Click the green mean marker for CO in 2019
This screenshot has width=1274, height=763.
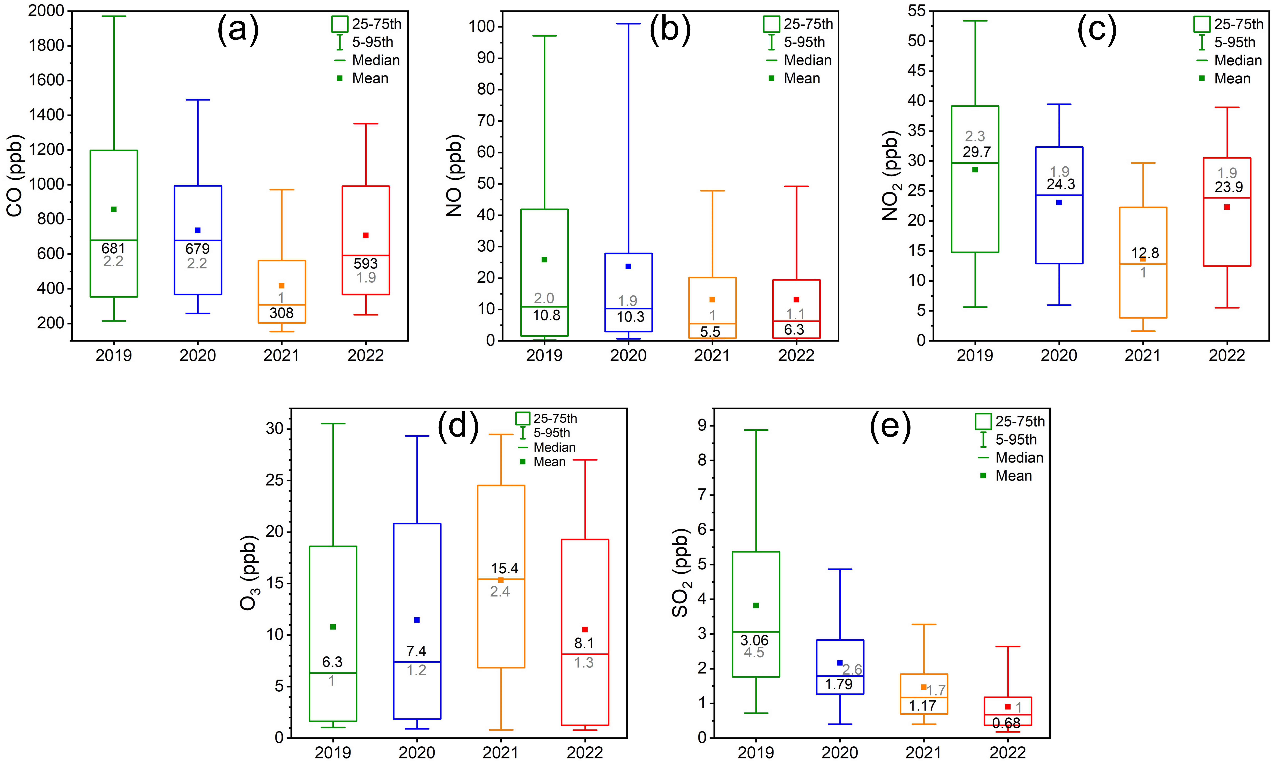tap(114, 209)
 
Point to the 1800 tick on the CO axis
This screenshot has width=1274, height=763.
tap(46, 45)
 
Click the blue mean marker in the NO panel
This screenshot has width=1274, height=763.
tap(628, 266)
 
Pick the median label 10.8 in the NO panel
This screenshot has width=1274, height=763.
tap(546, 315)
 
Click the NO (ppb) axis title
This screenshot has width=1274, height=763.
tap(455, 176)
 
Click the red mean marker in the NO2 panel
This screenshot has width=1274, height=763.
tap(1227, 207)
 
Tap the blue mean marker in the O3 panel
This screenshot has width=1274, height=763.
tap(417, 620)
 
